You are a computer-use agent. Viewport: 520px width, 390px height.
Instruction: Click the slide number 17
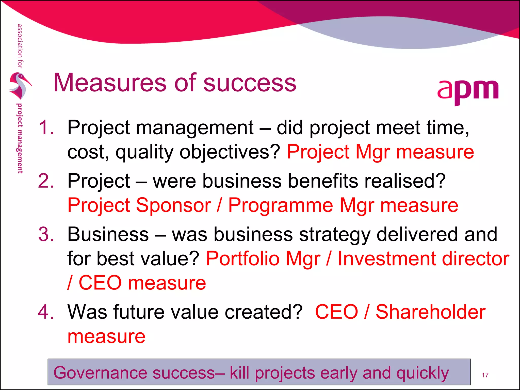click(x=485, y=375)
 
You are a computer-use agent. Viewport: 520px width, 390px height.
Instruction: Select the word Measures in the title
click(x=110, y=83)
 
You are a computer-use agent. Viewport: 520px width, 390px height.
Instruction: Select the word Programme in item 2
click(x=281, y=205)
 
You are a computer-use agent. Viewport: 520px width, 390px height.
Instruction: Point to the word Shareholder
click(x=430, y=312)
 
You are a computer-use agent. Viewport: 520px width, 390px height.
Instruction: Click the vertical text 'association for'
click(x=20, y=46)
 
